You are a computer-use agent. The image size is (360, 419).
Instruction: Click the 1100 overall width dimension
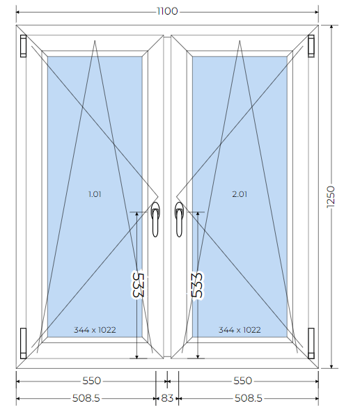(167, 11)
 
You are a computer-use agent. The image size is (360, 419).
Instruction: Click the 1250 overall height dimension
(331, 197)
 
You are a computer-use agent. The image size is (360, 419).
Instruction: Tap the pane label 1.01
(95, 194)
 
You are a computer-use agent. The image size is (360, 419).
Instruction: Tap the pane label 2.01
(240, 194)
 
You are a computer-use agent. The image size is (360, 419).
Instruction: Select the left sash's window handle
(155, 219)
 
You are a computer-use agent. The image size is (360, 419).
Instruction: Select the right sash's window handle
(180, 219)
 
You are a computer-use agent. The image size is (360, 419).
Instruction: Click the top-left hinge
(23, 46)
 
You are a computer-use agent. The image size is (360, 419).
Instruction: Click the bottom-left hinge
(23, 343)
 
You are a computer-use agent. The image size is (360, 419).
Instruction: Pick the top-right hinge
(311, 46)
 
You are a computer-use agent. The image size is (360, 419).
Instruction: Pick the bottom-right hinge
(311, 343)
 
